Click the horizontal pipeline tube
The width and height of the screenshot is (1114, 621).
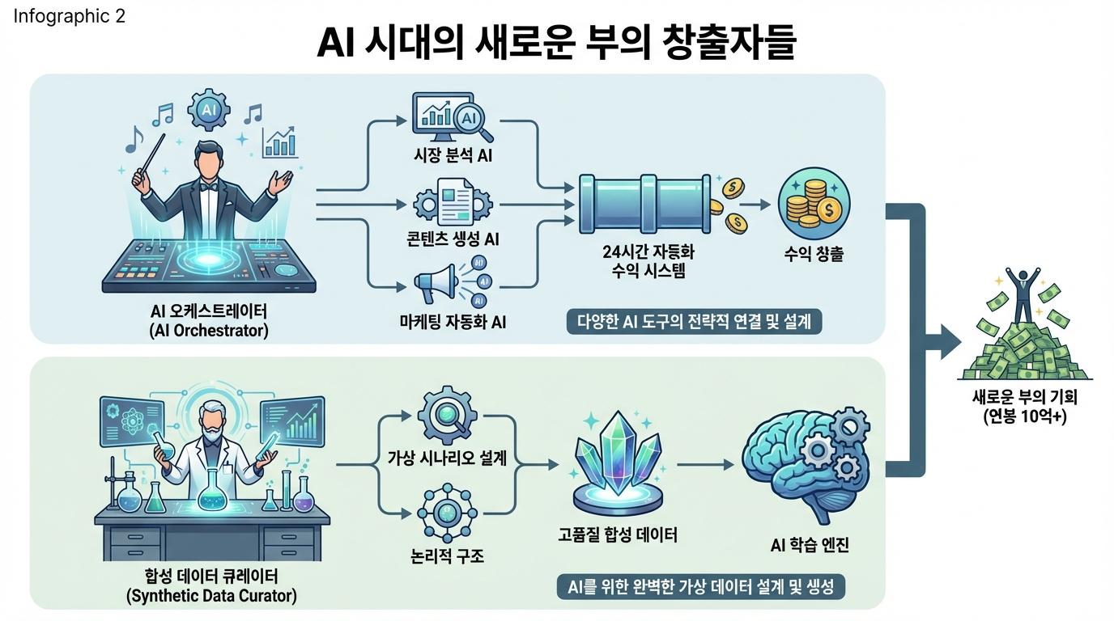[x=644, y=200]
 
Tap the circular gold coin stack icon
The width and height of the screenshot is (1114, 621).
[x=813, y=204]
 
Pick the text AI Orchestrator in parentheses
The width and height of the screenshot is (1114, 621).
[x=209, y=330]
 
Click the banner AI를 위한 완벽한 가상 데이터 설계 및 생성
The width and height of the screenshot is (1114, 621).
[x=701, y=586]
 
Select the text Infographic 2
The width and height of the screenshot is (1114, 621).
[x=70, y=16]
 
